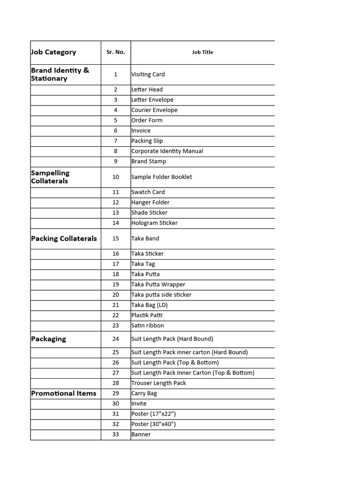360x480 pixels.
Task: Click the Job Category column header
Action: click(53, 52)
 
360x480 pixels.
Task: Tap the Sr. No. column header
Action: click(115, 52)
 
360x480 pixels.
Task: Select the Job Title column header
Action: click(202, 52)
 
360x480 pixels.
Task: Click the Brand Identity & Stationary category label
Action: click(60, 74)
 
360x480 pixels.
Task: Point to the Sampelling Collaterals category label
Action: click(50, 177)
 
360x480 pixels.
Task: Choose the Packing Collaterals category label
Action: click(64, 238)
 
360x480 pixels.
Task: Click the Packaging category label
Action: click(49, 339)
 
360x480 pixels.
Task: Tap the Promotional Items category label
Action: click(64, 393)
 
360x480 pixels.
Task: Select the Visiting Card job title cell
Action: click(148, 74)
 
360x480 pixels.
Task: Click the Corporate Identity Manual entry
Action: click(167, 151)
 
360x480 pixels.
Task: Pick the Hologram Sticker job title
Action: click(155, 223)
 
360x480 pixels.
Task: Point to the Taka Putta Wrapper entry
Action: click(158, 284)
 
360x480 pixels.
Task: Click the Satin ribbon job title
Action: click(148, 325)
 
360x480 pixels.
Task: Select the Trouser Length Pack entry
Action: click(159, 383)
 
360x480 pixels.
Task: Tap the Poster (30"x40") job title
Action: click(154, 424)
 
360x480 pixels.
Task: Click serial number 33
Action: click(116, 434)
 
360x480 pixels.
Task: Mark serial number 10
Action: click(116, 177)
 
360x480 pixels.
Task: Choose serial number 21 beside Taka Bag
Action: click(116, 305)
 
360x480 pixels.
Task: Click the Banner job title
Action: click(141, 434)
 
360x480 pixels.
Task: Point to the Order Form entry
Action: click(147, 120)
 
